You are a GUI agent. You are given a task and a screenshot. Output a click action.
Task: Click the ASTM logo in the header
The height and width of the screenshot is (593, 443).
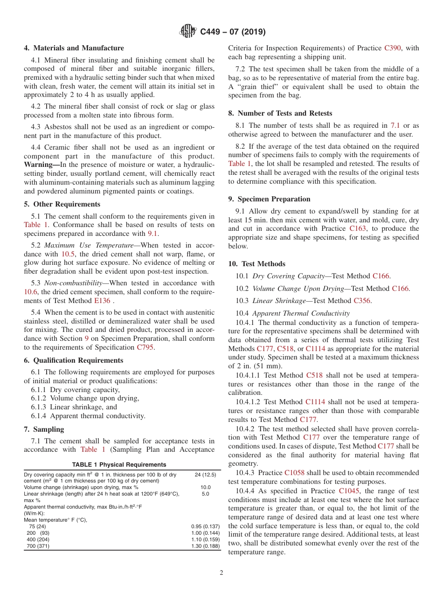188,32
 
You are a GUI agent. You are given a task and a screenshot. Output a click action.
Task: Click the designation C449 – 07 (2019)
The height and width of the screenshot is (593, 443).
233,32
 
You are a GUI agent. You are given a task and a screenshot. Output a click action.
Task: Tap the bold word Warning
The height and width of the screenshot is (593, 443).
40,165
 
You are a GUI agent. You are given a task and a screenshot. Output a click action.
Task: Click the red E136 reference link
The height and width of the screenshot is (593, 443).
102,301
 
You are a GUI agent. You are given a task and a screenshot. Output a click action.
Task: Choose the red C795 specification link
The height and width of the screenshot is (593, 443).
145,347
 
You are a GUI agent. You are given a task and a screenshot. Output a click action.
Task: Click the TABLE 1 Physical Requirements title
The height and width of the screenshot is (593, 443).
119,464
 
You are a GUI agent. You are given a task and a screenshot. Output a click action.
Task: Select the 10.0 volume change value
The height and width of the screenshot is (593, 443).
205,487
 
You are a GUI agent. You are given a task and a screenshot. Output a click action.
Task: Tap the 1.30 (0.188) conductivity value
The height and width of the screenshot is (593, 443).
205,546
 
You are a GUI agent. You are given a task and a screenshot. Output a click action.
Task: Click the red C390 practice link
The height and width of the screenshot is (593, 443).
393,48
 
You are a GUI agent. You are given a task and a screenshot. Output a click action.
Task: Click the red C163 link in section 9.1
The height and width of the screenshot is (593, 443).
358,228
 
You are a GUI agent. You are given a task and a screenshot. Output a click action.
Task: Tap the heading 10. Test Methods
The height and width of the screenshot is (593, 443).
256,264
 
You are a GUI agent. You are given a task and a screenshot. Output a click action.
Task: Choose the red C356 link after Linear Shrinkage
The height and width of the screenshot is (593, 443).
362,301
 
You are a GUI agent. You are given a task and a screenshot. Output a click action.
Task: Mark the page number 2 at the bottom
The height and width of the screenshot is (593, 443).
221,573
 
